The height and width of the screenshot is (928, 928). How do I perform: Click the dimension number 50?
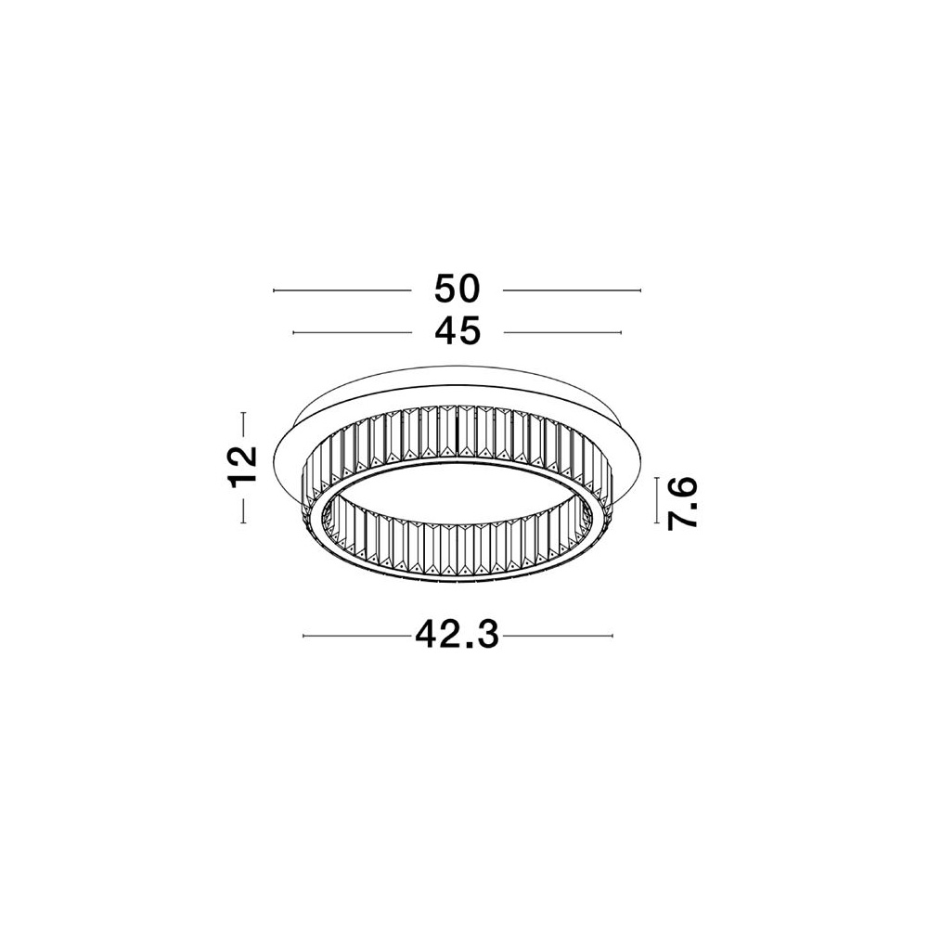point(457,290)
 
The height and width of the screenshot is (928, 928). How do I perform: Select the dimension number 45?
point(457,332)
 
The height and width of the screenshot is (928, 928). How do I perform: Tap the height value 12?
point(242,467)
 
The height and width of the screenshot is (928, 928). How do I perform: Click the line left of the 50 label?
point(342,290)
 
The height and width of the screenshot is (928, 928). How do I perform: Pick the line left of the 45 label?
point(352,332)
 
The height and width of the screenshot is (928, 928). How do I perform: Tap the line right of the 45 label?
point(563,332)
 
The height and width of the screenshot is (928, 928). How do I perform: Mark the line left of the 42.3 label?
point(357,637)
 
